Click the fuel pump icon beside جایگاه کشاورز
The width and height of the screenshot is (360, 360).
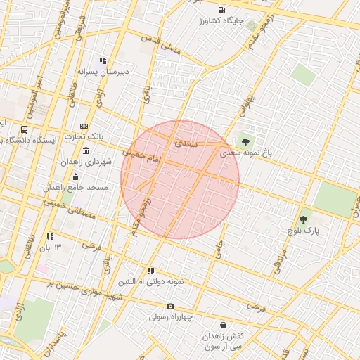(x=222, y=10)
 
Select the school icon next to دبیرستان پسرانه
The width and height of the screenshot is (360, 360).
(x=103, y=60)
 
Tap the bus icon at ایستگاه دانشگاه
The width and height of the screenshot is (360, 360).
(x=25, y=129)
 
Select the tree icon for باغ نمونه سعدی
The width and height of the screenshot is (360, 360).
(x=245, y=141)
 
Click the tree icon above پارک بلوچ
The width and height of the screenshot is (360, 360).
(x=304, y=219)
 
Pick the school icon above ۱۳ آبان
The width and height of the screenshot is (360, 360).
(x=50, y=236)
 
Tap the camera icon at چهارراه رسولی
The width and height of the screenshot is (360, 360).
(x=170, y=306)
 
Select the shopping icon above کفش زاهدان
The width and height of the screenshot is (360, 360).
(x=224, y=326)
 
